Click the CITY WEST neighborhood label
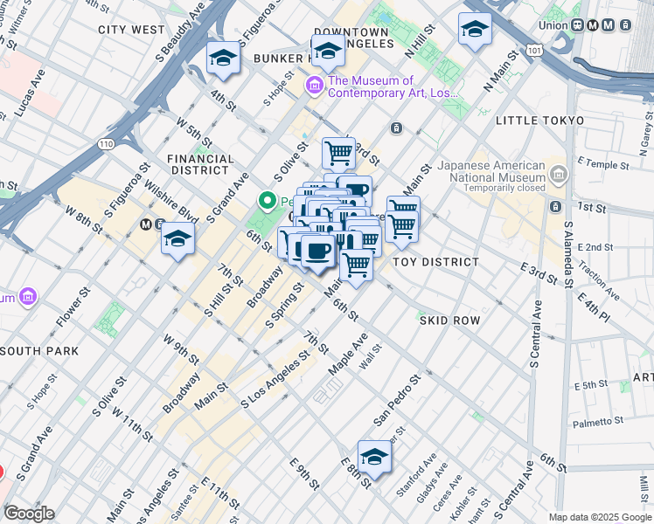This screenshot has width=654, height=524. [131, 29]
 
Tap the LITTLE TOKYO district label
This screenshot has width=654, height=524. [539, 120]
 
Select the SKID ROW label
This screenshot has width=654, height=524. [449, 321]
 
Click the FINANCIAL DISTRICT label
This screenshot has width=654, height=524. [201, 165]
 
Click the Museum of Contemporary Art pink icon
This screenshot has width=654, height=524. [313, 86]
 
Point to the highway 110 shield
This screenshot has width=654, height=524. [107, 142]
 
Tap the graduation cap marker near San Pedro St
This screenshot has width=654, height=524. [374, 457]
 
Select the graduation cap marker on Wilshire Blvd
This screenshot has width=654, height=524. [177, 238]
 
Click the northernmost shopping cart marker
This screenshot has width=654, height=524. [338, 154]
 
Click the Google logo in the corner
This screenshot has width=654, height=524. [29, 514]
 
